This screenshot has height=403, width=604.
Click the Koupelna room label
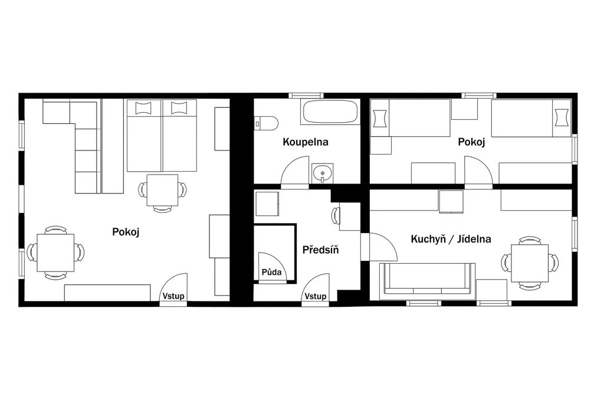point(306,142)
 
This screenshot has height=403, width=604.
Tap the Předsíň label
point(320,250)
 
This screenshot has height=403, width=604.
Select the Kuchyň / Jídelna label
point(451,239)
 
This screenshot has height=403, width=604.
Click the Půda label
point(271,272)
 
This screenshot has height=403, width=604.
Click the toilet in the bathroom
point(266,123)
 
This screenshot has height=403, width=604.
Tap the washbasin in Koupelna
point(323,173)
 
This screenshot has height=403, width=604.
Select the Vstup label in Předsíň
point(316,296)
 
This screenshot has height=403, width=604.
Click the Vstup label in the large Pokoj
point(173,296)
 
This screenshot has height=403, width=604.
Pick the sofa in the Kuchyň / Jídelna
point(427,281)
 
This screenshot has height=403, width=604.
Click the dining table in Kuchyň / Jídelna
point(530,263)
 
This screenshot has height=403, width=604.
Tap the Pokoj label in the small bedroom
point(471,142)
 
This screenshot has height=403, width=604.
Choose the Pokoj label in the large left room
point(126,231)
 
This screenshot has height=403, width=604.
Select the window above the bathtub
point(306,96)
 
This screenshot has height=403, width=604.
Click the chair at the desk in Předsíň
point(336,215)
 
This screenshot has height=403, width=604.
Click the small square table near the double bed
point(162,191)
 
